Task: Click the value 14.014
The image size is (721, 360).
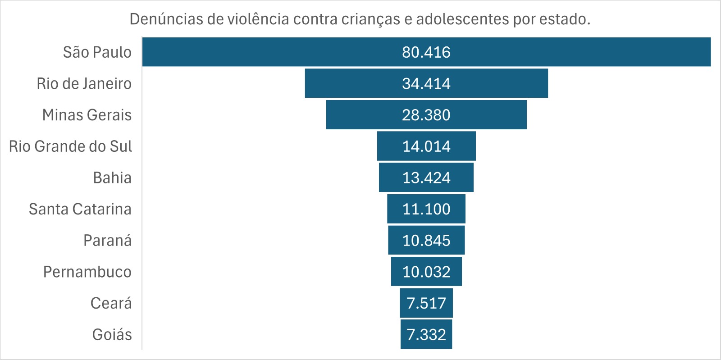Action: pyautogui.click(x=426, y=146)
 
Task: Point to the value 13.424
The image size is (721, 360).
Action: pyautogui.click(x=426, y=178)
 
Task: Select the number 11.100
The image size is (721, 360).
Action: pyautogui.click(x=426, y=209)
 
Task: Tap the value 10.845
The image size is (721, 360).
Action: pyautogui.click(x=426, y=241)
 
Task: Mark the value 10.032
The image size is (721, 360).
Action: pyautogui.click(x=426, y=272)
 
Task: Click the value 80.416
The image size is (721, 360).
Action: pyautogui.click(x=426, y=52)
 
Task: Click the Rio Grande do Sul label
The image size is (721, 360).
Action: pyautogui.click(x=70, y=146)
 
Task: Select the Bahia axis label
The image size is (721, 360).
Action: pyautogui.click(x=112, y=178)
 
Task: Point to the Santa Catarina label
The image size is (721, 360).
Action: pyautogui.click(x=80, y=209)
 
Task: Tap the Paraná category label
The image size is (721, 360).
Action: pyautogui.click(x=107, y=241)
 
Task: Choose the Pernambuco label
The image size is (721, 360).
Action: pyautogui.click(x=87, y=272)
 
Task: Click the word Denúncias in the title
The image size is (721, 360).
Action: pyautogui.click(x=166, y=19)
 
